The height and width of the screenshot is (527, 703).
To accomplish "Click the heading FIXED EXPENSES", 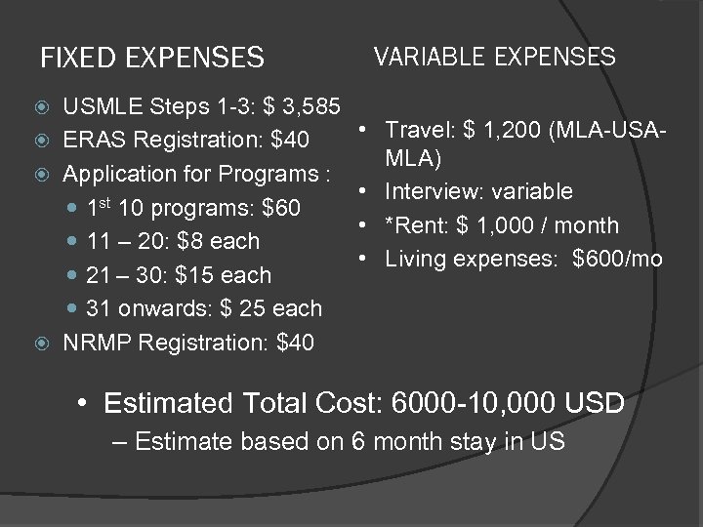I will (151, 59).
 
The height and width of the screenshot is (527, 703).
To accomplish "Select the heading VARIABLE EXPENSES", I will (494, 57).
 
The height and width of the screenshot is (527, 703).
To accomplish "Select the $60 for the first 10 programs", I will (281, 208).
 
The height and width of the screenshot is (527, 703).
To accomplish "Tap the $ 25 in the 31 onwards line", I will (238, 308).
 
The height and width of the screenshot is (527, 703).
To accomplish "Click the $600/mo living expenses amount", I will (617, 259).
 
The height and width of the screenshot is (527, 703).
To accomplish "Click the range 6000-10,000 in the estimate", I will (469, 403).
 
